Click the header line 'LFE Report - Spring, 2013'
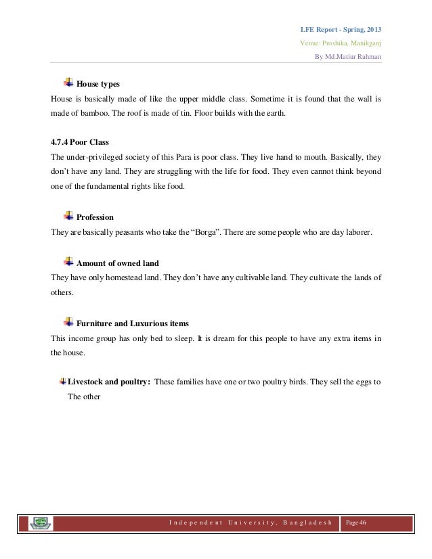341,30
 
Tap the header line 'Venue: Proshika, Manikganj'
340,43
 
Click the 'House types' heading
98,85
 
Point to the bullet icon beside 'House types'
68,83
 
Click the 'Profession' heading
95,218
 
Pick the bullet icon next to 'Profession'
68,216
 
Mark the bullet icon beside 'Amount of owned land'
68,261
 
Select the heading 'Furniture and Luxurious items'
133,323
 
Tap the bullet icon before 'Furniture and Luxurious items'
68,321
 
